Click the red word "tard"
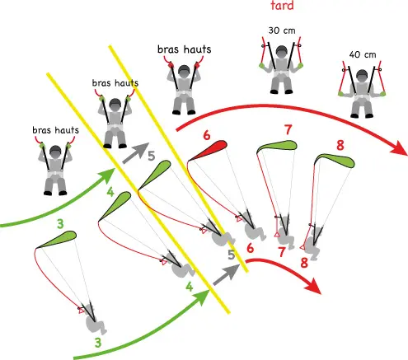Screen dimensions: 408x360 tap(282, 5)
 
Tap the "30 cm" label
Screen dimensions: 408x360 tap(282, 30)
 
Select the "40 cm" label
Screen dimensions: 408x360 tap(363, 54)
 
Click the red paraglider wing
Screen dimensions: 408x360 tap(209, 150)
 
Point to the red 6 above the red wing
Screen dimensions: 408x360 tap(207, 135)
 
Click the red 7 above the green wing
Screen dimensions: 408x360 tap(288, 130)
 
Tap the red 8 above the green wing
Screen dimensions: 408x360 tap(340, 145)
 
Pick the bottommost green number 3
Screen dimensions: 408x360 tap(98, 343)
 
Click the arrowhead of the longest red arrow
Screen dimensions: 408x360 tap(398, 148)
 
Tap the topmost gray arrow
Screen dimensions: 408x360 tap(136, 153)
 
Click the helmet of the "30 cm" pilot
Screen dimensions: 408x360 tap(281, 52)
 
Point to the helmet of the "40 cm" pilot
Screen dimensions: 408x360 tap(363, 76)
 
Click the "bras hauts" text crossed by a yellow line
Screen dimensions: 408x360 tap(115, 82)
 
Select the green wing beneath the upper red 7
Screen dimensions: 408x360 tap(278, 146)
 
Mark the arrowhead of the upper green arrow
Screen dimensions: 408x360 tap(108, 175)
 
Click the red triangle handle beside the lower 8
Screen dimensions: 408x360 tap(302, 247)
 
